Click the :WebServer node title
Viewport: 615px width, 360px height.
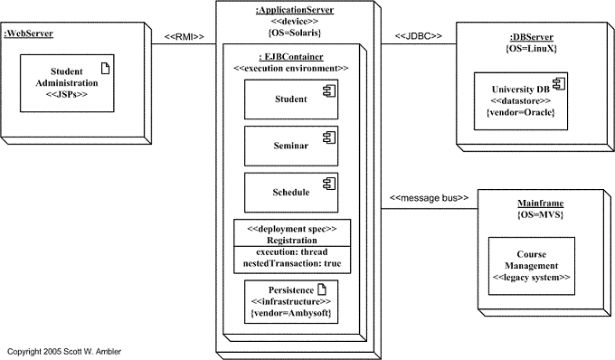pos(28,34)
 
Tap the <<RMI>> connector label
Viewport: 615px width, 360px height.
pos(184,37)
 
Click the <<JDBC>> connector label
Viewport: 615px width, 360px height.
pos(418,37)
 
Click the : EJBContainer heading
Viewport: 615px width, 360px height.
pos(290,56)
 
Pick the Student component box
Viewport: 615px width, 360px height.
pos(290,99)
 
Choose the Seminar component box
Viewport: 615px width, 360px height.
pos(290,146)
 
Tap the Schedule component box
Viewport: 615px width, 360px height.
pos(290,192)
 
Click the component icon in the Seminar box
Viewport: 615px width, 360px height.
pos(330,136)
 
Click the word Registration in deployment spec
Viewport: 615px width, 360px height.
pos(290,241)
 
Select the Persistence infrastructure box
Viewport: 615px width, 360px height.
pos(290,300)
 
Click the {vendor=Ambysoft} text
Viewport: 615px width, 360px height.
pos(290,313)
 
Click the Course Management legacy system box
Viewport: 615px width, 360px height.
pos(531,265)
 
